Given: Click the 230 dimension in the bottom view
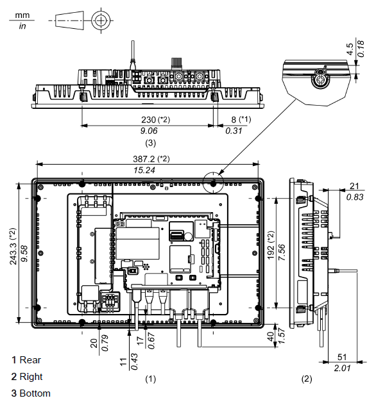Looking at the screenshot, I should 149,119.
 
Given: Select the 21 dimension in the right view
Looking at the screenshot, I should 354,186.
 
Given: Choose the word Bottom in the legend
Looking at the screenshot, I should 35,393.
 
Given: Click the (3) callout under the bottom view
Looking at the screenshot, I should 150,142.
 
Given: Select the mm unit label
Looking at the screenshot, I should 22,14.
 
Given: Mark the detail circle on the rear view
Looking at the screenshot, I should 212,182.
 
